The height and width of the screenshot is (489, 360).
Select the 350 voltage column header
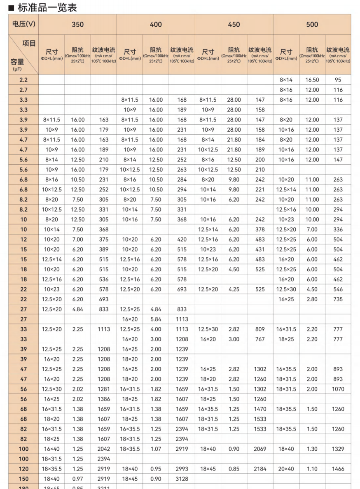point(77,24)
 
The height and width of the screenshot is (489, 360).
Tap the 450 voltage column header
point(234,24)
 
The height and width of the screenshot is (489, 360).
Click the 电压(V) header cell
point(23,24)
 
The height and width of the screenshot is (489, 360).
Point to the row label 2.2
point(23,80)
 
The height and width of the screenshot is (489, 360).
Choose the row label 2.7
point(23,90)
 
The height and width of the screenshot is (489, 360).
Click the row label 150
point(23,479)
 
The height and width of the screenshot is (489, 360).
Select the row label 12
point(23,239)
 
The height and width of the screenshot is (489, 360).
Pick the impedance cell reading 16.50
point(312,80)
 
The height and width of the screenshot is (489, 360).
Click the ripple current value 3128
point(182,479)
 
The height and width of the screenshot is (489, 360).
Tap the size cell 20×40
point(286,469)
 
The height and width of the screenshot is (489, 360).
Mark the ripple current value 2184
point(260,469)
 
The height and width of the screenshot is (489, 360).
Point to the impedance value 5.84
point(156,319)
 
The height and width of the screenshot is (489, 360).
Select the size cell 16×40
point(51,449)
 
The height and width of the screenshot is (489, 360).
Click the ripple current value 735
point(338,299)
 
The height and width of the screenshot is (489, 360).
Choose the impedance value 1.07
point(156,449)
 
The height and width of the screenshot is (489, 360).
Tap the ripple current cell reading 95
point(338,80)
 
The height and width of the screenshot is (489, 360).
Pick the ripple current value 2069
point(260,449)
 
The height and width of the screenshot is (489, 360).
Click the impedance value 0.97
point(77,479)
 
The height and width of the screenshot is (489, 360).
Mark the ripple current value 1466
point(338,469)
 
